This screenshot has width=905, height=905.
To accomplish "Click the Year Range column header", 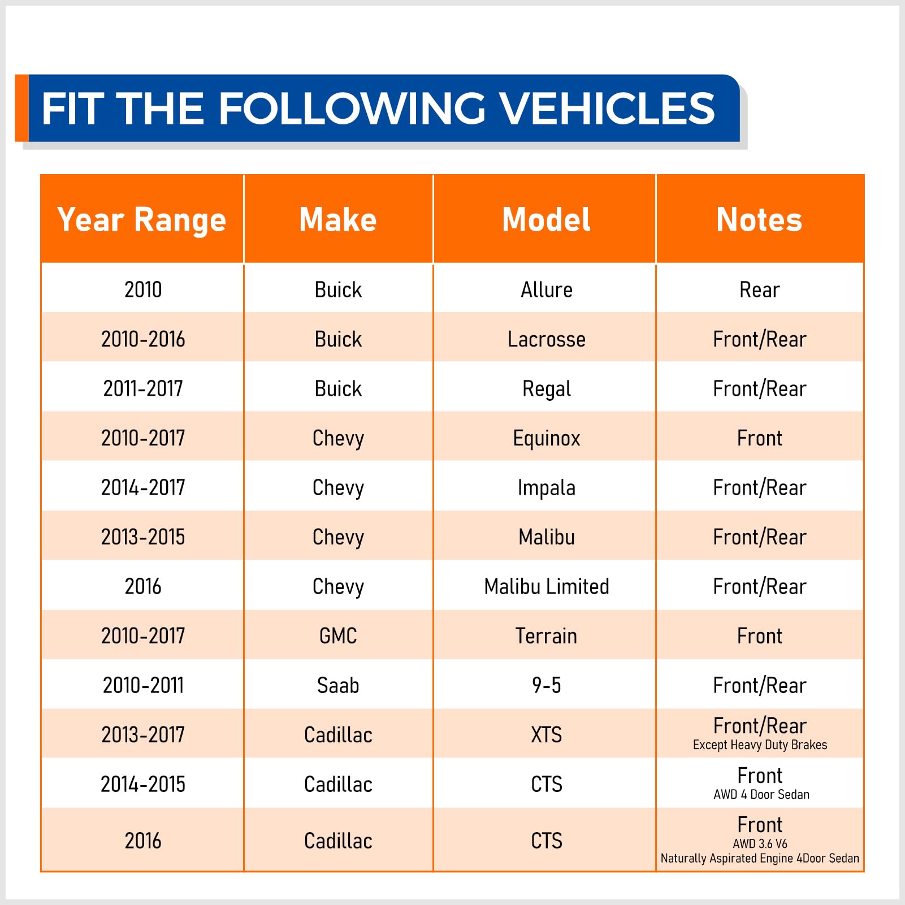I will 142,219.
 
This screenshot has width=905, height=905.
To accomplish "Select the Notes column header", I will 759,219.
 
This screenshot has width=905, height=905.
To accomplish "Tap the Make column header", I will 338,219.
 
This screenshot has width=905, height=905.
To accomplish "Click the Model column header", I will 546,219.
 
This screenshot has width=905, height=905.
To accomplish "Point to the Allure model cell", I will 546,289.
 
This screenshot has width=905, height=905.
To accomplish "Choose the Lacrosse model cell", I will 546,339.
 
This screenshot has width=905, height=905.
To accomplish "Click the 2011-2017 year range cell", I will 143,388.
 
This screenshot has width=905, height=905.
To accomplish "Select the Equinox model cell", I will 546,438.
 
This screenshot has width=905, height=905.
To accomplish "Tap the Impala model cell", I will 546,487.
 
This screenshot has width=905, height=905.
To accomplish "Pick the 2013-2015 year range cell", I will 143,537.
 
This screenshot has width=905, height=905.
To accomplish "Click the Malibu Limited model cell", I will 546,586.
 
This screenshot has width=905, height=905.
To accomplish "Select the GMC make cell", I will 338,636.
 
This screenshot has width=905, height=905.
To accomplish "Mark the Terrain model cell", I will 546,636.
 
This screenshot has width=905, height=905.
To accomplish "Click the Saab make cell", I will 338,685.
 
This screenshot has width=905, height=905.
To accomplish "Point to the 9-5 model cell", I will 546,685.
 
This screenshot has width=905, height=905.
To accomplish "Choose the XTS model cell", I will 546,735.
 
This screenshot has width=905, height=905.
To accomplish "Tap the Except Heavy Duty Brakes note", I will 760,745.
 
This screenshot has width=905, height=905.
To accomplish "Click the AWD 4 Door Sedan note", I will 761,795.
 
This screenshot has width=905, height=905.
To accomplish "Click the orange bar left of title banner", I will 21,108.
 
